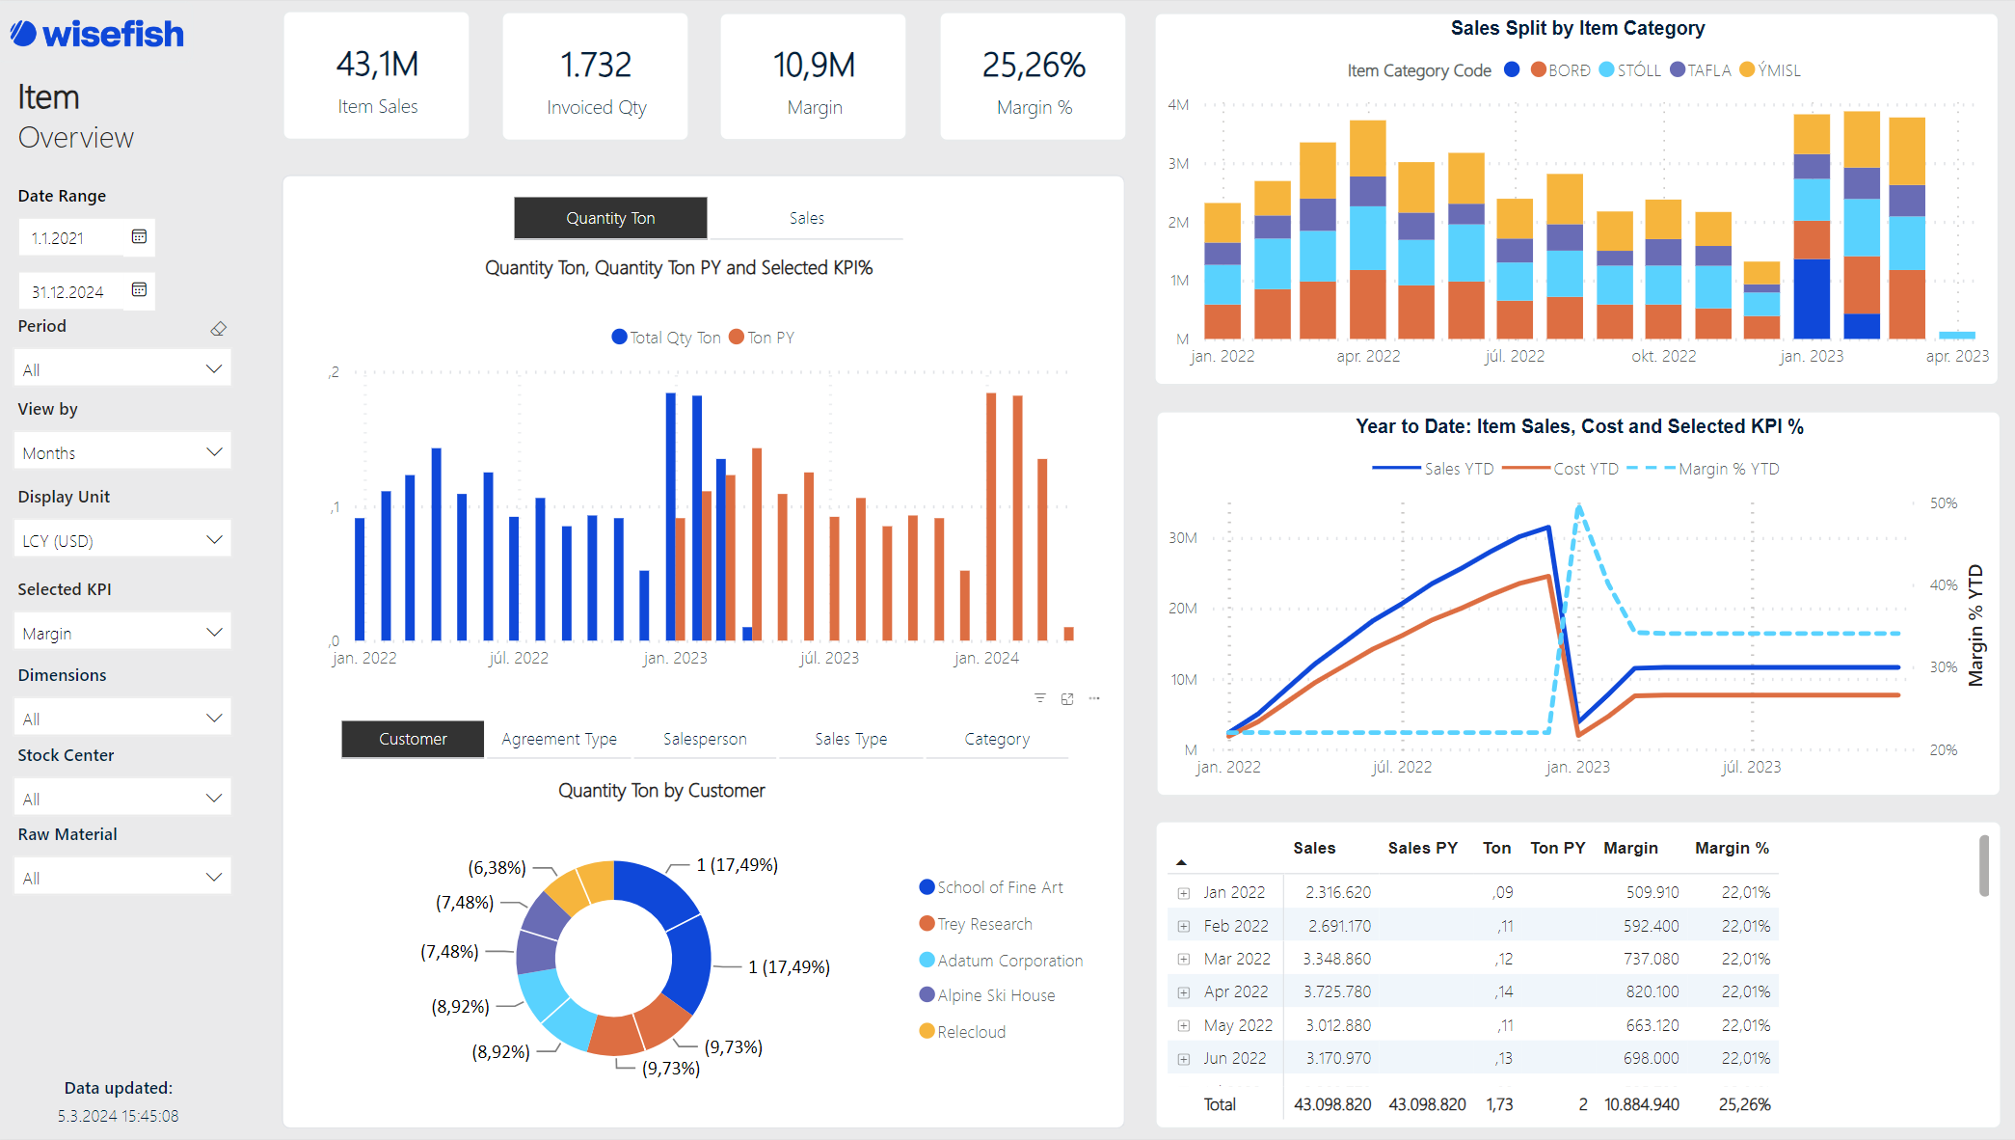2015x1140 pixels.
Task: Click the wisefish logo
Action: tap(97, 35)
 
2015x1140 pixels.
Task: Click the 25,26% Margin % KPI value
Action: tap(1033, 66)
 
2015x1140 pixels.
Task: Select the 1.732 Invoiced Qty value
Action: tap(596, 66)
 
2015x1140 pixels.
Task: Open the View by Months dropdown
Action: tap(122, 452)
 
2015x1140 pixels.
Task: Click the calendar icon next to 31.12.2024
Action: tap(139, 289)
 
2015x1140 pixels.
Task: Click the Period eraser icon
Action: tap(219, 329)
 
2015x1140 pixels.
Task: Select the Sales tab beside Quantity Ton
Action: tap(806, 218)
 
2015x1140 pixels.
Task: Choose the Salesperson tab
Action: tap(705, 739)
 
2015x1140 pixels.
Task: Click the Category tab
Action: tap(997, 739)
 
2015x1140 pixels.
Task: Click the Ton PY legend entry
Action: tap(763, 338)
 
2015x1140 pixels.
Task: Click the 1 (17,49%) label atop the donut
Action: tap(737, 865)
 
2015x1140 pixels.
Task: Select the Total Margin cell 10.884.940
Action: tap(1641, 1104)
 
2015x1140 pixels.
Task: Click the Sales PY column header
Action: tap(1422, 848)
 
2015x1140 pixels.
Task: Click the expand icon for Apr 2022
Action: tap(1184, 992)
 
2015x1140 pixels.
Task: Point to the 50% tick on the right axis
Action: tap(1943, 503)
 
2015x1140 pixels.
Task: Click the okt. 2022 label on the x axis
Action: tap(1663, 356)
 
